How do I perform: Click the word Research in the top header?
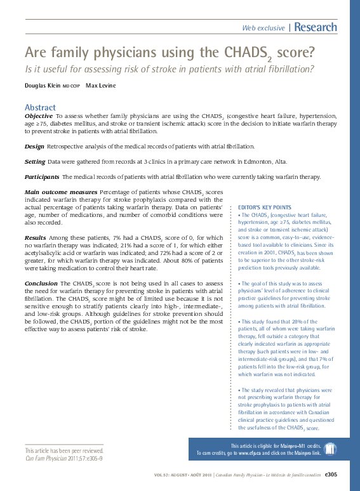click(x=316, y=27)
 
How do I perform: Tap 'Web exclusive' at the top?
click(x=263, y=28)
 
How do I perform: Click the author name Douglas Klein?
click(x=43, y=85)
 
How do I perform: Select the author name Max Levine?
click(x=102, y=85)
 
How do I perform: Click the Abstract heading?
click(x=40, y=107)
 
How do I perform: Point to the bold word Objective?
click(x=38, y=117)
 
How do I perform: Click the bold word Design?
click(x=34, y=146)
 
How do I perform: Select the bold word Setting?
click(x=35, y=161)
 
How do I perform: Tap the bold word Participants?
click(x=42, y=176)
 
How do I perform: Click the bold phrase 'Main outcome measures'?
click(x=60, y=192)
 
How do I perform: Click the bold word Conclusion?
click(x=41, y=283)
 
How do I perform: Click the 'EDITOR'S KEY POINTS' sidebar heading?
click(x=264, y=207)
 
